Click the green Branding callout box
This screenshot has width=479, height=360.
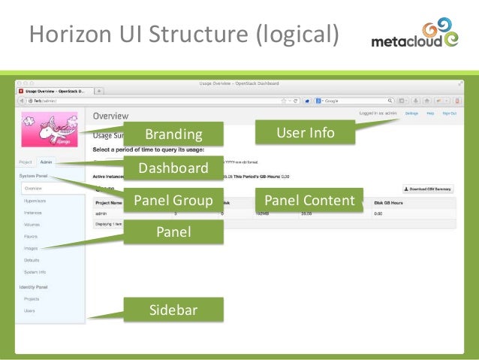click(x=173, y=135)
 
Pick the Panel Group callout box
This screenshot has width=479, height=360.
click(x=173, y=200)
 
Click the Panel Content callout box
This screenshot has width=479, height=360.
click(x=309, y=200)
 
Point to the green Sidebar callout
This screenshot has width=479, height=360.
click(x=173, y=309)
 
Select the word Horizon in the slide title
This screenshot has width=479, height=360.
click(x=66, y=34)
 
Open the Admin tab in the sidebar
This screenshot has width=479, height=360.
click(x=46, y=162)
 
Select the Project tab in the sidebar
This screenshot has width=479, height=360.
click(x=26, y=162)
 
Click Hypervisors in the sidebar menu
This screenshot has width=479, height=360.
click(x=35, y=201)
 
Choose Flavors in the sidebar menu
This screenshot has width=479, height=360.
click(x=31, y=235)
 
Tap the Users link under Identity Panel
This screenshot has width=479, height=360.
click(x=29, y=310)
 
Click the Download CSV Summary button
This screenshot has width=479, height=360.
click(x=429, y=189)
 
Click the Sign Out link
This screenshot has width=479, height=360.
click(x=448, y=113)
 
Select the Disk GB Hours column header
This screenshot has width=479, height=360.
click(x=390, y=202)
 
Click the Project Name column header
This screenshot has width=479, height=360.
click(x=109, y=202)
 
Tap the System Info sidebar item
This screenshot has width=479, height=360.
click(x=35, y=271)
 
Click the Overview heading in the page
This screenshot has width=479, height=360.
click(x=110, y=116)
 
